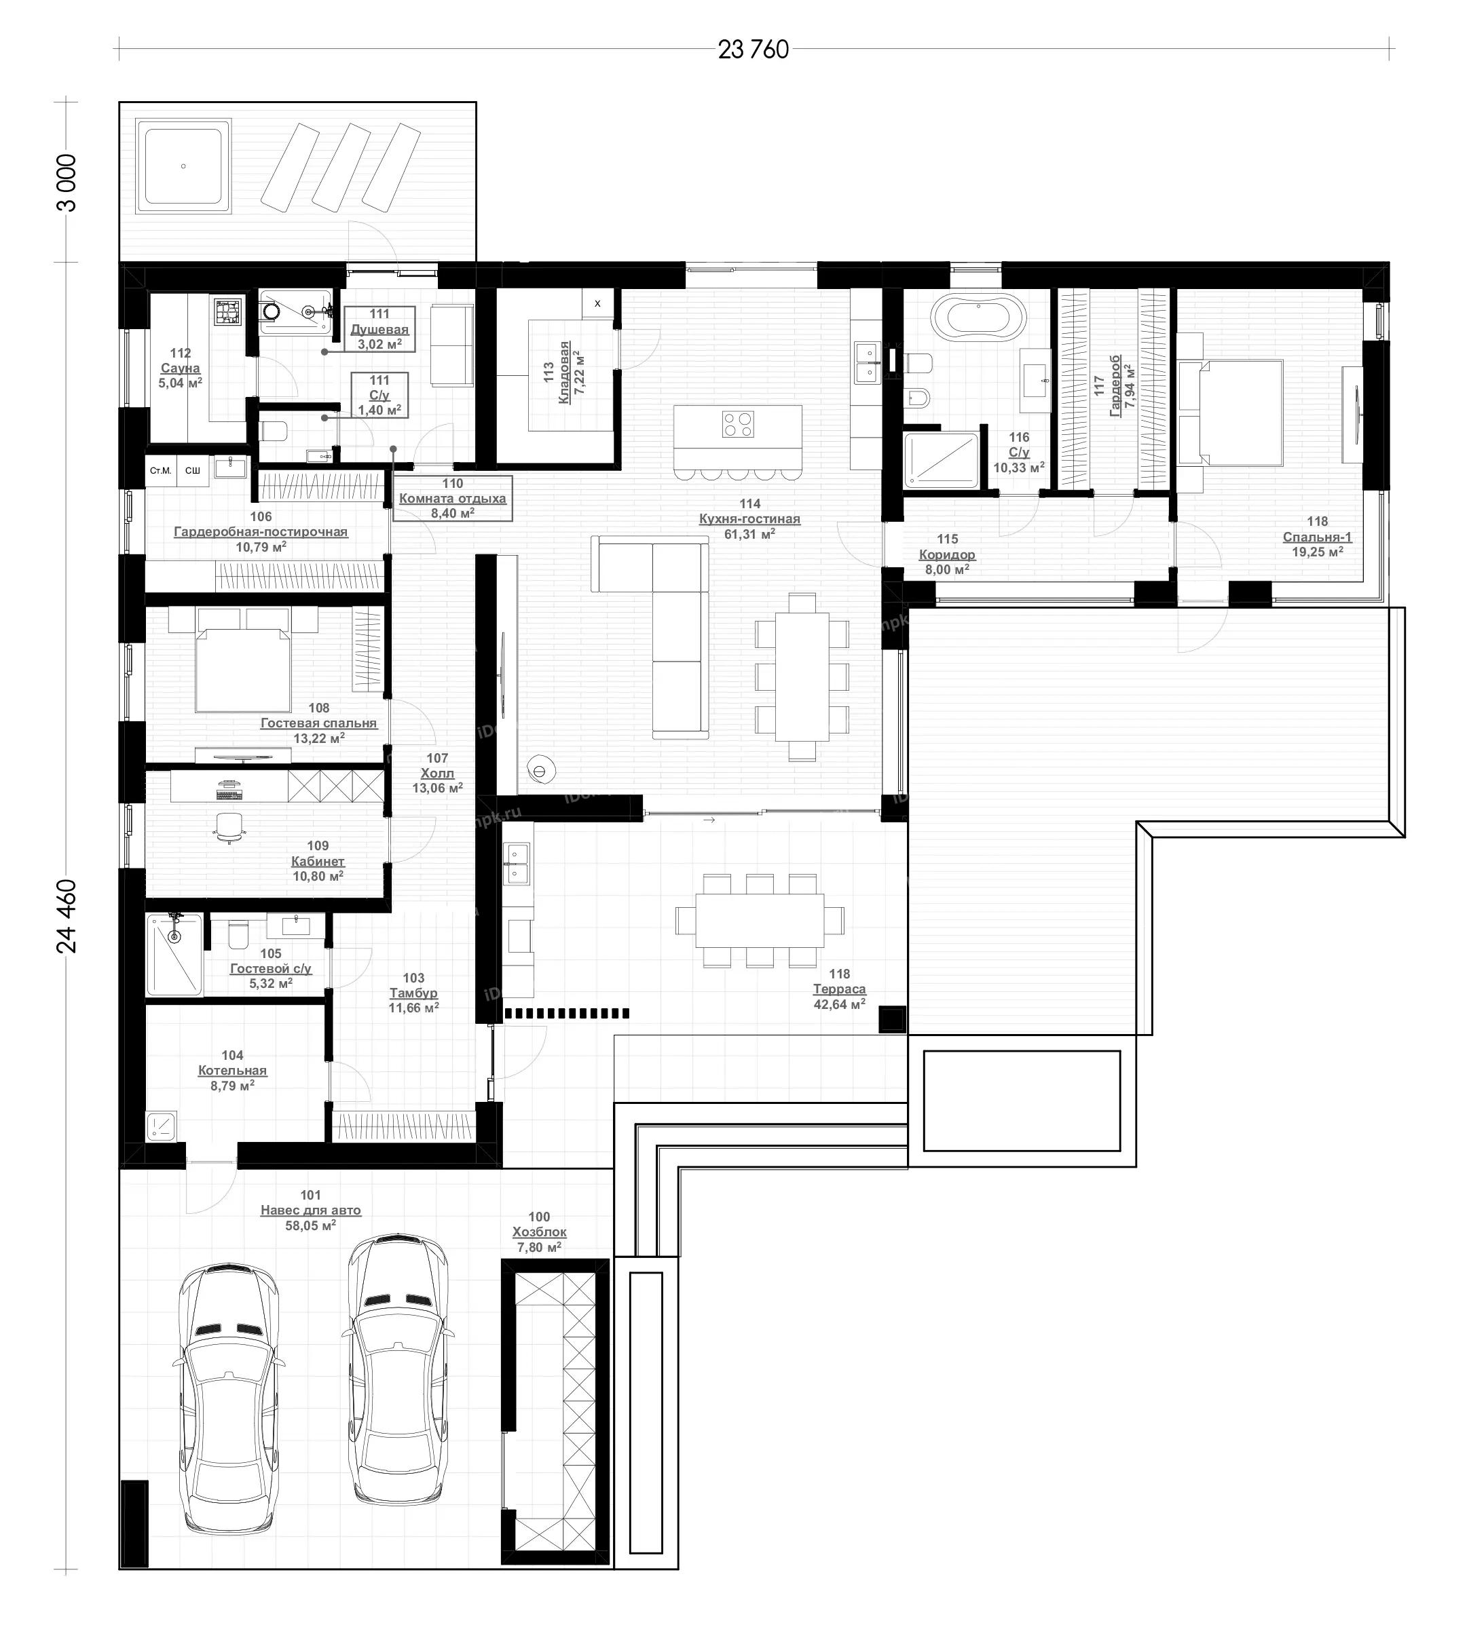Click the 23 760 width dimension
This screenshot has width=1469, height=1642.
[753, 50]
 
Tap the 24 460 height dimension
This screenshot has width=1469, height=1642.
[68, 916]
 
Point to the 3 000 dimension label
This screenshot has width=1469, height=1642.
[68, 183]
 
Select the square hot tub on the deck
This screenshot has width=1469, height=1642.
[184, 166]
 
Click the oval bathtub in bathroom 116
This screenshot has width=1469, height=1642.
[979, 316]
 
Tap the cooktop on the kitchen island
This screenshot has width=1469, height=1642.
[738, 423]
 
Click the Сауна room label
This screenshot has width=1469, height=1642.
[180, 368]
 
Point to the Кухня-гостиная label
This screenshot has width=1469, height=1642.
[750, 519]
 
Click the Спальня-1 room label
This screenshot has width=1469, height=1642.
[1317, 537]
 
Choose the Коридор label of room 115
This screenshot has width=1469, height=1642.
[947, 554]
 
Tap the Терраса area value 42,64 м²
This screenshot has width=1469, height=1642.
[840, 1004]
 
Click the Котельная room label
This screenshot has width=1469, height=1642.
[232, 1071]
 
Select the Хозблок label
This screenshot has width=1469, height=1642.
[539, 1232]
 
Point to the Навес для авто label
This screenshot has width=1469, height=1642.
[311, 1210]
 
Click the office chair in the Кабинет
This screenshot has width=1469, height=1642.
[230, 827]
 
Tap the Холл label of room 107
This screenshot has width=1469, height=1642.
[437, 773]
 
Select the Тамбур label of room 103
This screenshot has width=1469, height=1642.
[413, 993]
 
